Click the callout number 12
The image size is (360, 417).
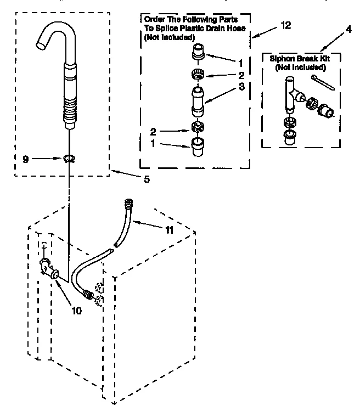pyautogui.click(x=285, y=25)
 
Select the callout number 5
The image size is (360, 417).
pyautogui.click(x=146, y=178)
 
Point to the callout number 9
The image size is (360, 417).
pyautogui.click(x=26, y=159)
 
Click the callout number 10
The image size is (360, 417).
pyautogui.click(x=76, y=310)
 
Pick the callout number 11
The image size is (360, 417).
pyautogui.click(x=170, y=230)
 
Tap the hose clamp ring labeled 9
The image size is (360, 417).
pyautogui.click(x=69, y=159)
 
